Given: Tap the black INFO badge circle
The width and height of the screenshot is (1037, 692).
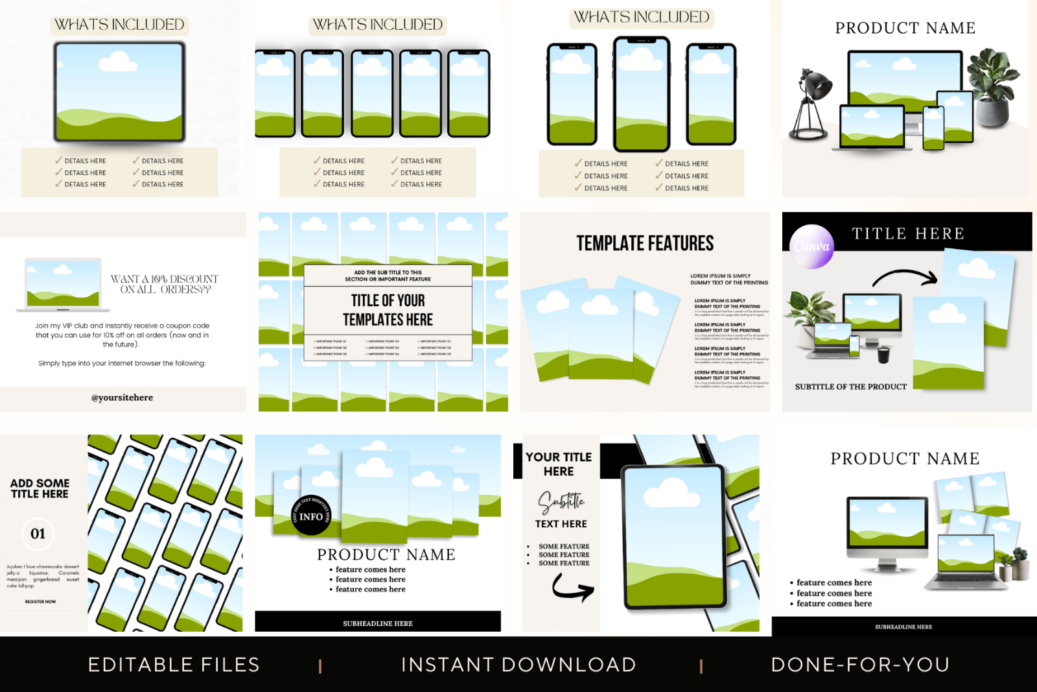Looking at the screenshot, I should tap(311, 516).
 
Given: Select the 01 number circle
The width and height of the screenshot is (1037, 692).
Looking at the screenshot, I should tap(38, 534).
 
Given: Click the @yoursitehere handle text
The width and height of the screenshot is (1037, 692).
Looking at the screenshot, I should tap(122, 398).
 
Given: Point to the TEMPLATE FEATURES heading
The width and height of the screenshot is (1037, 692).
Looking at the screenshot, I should tap(645, 243).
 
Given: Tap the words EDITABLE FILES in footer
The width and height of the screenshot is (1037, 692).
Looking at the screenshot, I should tap(174, 665).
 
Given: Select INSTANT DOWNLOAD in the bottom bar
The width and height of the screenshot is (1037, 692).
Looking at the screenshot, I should tap(518, 665).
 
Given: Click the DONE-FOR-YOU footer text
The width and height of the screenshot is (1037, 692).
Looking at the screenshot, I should tap(860, 665).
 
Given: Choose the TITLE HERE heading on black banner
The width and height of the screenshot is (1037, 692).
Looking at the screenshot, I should tap(907, 233).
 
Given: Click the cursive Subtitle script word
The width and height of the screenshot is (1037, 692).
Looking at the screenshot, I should tap(561, 501).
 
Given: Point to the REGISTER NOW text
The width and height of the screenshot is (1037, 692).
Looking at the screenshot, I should tap(40, 602).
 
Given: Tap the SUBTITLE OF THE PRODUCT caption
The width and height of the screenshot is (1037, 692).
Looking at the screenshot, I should tap(850, 387).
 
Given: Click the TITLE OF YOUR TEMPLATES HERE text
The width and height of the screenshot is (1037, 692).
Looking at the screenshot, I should tap(388, 310).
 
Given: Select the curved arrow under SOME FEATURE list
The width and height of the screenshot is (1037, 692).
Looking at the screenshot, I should tap(572, 588).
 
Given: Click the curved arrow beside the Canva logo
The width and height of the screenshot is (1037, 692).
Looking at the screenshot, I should tap(905, 278).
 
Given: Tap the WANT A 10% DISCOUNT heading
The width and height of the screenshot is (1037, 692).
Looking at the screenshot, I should tap(165, 284).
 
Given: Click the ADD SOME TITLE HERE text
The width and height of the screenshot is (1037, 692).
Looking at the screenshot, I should tap(40, 488).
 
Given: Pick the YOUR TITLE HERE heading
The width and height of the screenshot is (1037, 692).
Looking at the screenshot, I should tap(558, 464).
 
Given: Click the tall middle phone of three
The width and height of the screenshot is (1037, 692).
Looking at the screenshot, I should tap(641, 94).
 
